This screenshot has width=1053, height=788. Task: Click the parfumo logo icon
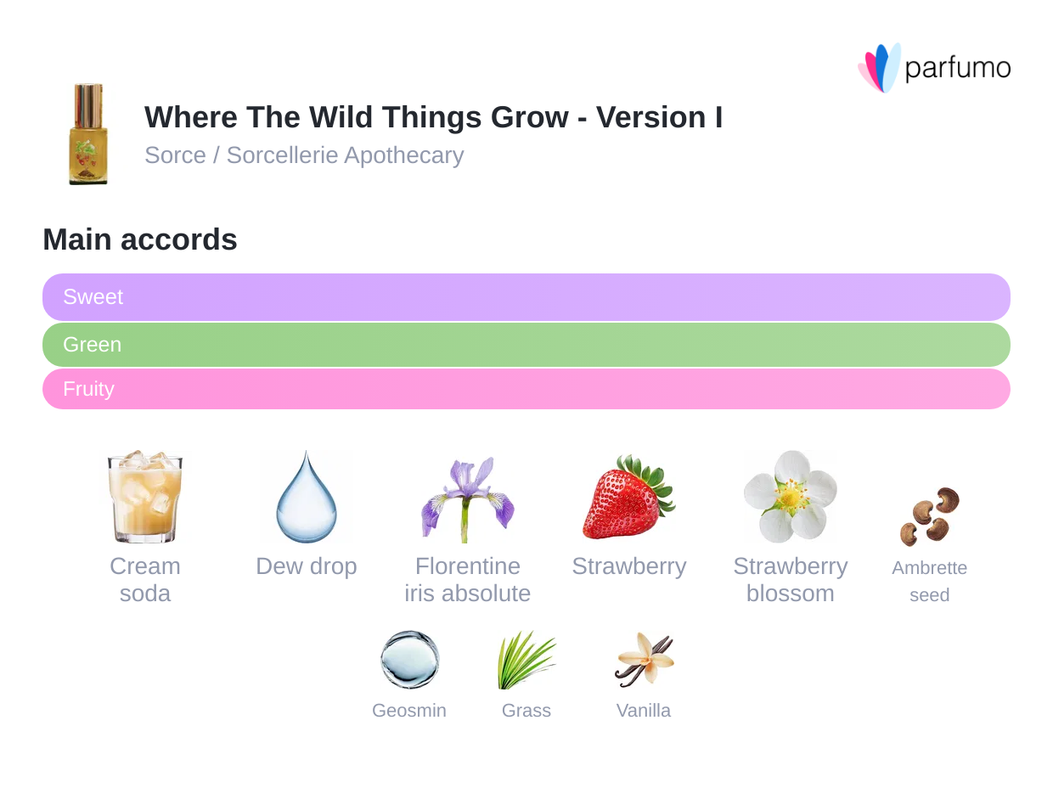pyautogui.click(x=879, y=68)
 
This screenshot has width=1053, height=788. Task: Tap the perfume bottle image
pyautogui.click(x=87, y=133)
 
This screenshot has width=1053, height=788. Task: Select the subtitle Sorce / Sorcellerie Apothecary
pyautogui.click(x=304, y=155)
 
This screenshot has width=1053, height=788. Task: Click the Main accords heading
pyautogui.click(x=140, y=239)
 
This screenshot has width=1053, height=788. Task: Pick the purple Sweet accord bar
pyautogui.click(x=526, y=297)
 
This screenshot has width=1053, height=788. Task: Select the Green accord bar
pyautogui.click(x=526, y=345)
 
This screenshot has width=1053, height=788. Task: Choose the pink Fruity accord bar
pyautogui.click(x=526, y=389)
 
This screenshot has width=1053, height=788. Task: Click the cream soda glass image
pyautogui.click(x=145, y=497)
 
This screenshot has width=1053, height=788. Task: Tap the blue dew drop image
pyautogui.click(x=307, y=497)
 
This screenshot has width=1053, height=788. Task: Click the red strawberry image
pyautogui.click(x=628, y=497)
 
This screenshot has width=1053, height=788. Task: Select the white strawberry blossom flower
pyautogui.click(x=790, y=497)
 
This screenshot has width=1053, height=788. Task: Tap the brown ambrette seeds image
pyautogui.click(x=929, y=515)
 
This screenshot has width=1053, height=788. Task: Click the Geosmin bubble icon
pyautogui.click(x=409, y=660)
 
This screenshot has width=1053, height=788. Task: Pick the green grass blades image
pyautogui.click(x=526, y=660)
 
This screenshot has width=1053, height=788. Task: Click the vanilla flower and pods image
pyautogui.click(x=644, y=660)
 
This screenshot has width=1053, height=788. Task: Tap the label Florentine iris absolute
pyautogui.click(x=468, y=580)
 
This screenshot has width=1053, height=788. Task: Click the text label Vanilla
pyautogui.click(x=644, y=711)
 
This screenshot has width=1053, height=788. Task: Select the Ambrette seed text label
pyautogui.click(x=929, y=582)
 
